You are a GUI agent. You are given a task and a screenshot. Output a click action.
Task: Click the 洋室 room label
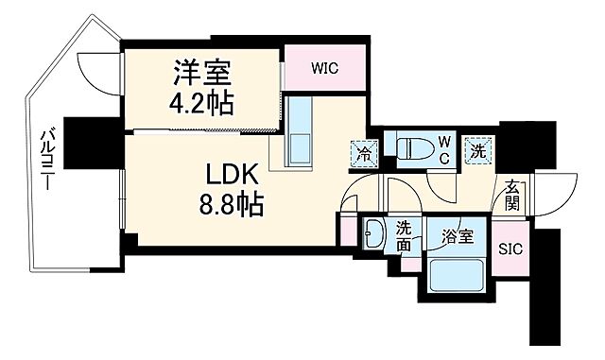pyautogui.click(x=201, y=72)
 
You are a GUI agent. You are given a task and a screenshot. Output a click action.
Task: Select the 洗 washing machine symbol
pyautogui.click(x=478, y=148)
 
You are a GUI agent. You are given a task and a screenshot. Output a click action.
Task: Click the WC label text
pyautogui.click(x=443, y=150)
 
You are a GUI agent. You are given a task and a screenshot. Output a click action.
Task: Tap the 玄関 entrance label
pyautogui.click(x=511, y=195)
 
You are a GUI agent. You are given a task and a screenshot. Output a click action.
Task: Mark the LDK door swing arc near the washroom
pyautogui.click(x=353, y=198)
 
